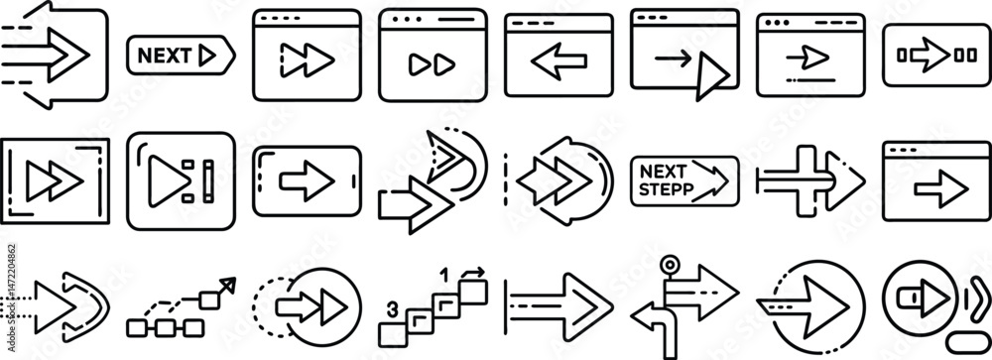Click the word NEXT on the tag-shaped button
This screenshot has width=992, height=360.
(164, 56)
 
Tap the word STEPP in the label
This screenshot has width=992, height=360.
(667, 188)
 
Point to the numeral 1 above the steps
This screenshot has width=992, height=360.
(444, 276)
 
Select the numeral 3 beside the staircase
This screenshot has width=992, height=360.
(392, 310)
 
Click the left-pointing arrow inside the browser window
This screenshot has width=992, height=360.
(558, 61)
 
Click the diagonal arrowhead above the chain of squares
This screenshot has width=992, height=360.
(228, 284)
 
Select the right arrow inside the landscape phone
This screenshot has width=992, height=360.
(307, 180)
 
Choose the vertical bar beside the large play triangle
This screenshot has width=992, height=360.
(208, 180)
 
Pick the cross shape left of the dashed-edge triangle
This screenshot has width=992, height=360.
(794, 181)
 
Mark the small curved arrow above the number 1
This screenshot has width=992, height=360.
(473, 274)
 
